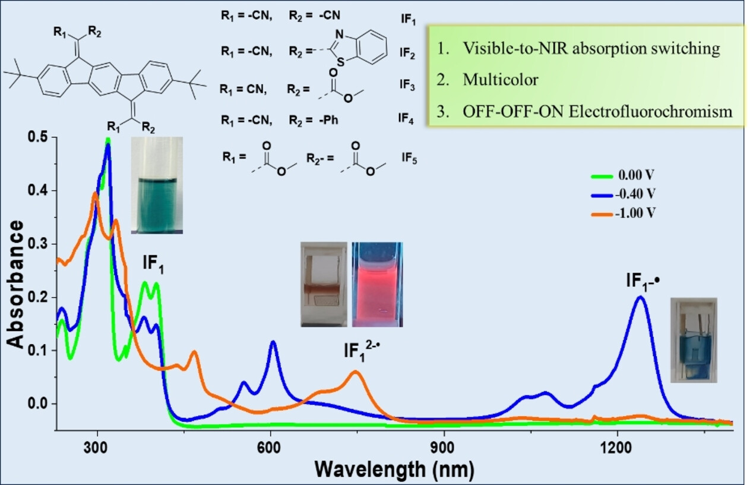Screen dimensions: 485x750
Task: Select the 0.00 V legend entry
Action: click(635, 176)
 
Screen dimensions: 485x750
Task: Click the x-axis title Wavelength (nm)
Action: click(394, 470)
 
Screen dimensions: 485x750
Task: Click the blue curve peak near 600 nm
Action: click(273, 342)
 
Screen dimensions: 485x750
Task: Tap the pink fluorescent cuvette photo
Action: click(377, 284)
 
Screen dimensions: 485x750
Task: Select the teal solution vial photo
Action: click(157, 185)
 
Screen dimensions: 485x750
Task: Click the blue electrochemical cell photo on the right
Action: click(693, 340)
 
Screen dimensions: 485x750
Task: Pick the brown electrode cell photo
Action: click(324, 284)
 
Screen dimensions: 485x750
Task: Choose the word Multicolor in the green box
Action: click(500, 80)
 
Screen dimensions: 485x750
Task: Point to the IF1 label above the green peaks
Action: click(153, 264)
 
